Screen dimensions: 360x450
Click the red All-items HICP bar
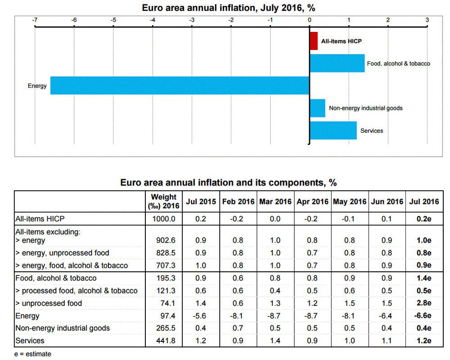click(314, 41)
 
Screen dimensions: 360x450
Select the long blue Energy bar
click(180, 85)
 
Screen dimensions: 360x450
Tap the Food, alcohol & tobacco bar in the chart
click(337, 63)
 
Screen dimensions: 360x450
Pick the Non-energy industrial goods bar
click(317, 108)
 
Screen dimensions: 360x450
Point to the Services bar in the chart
click(333, 130)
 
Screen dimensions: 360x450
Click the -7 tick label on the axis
click(35, 20)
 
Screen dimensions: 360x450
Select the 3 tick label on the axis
click(427, 20)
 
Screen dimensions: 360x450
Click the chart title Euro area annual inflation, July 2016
click(225, 8)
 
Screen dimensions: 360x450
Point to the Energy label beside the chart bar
click(37, 85)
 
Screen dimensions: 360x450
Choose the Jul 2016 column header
click(424, 202)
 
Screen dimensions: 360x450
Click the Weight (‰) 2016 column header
click(164, 202)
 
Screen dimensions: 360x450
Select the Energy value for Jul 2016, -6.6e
click(423, 316)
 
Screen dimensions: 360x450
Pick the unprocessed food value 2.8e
click(423, 303)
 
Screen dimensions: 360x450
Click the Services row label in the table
click(30, 341)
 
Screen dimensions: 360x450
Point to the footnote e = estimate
click(32, 354)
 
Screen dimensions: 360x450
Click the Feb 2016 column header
click(238, 202)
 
